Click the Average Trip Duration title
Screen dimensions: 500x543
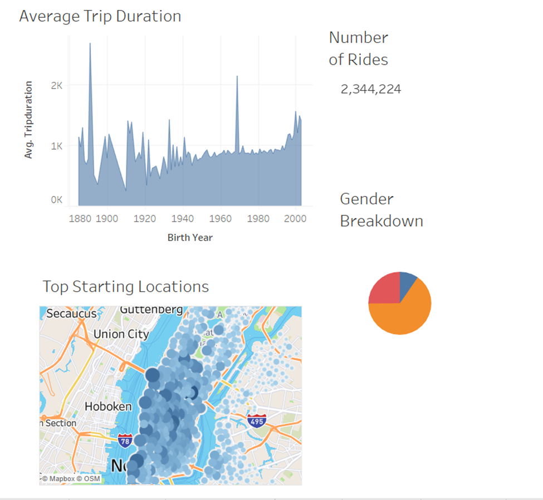(100, 16)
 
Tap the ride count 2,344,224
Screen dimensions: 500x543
(371, 89)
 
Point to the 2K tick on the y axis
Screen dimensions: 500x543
(57, 85)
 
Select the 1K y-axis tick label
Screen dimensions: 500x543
(57, 146)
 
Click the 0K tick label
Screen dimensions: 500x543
(57, 200)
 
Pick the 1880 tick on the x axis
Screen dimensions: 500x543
(81, 219)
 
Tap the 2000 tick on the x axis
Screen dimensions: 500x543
(295, 219)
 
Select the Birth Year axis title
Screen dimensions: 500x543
(190, 237)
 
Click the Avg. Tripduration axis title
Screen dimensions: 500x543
(28, 120)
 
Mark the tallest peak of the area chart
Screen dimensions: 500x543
(90, 45)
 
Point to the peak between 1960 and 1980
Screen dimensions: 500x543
(237, 77)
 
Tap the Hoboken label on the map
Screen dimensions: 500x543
(108, 406)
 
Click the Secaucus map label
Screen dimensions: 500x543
(71, 313)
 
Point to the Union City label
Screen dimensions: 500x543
(121, 334)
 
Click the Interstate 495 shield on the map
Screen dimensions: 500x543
(257, 421)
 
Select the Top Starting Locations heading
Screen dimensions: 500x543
(126, 287)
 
